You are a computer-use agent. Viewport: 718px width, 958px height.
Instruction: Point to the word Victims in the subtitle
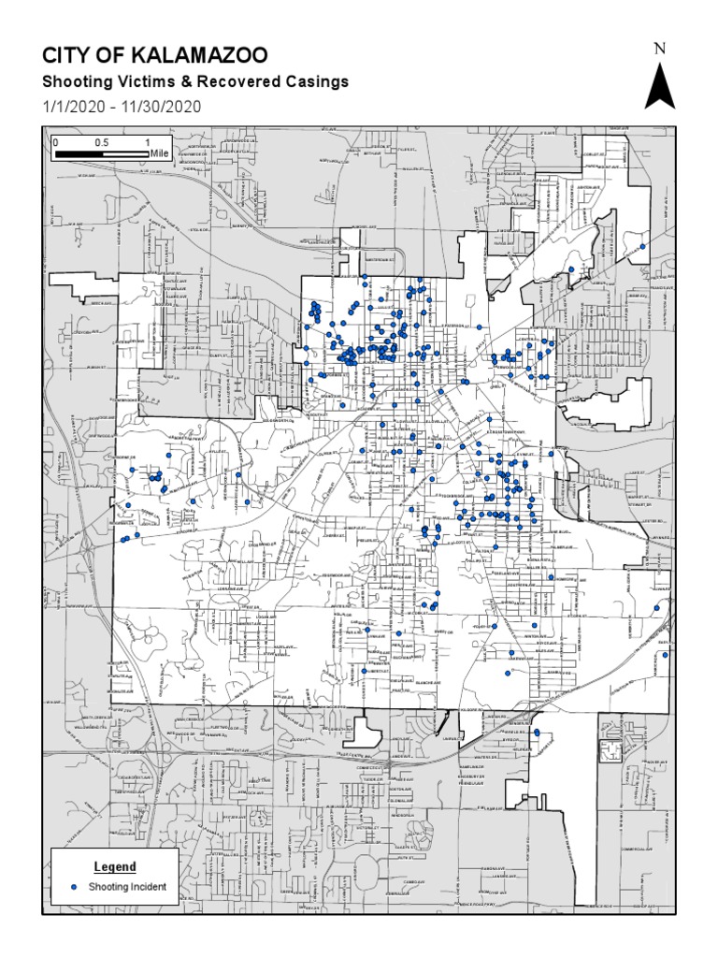[145, 82]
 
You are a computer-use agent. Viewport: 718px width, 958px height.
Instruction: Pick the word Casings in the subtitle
[317, 82]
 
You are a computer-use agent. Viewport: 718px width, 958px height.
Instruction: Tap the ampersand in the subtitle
[183, 82]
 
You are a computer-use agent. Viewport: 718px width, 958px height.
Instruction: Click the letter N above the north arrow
[659, 50]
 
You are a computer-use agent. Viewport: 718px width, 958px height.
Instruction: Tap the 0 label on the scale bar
[57, 141]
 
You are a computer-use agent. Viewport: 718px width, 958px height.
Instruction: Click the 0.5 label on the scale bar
[101, 141]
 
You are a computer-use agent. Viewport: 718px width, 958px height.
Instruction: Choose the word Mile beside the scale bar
[159, 152]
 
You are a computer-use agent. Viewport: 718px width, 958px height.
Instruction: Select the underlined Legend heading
[115, 867]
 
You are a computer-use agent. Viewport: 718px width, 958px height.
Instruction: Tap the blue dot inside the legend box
[74, 886]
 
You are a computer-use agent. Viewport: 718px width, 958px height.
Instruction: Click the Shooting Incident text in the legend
[127, 886]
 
